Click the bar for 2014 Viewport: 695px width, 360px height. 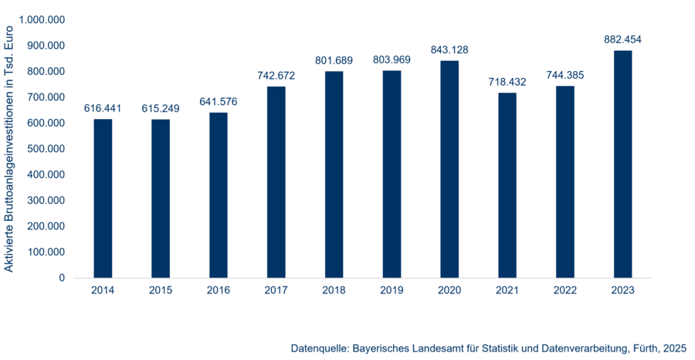point(103,199)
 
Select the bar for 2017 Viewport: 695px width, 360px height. point(276,182)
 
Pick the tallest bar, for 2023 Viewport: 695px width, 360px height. point(622,164)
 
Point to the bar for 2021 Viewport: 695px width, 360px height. point(507,185)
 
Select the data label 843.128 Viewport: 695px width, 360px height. point(449,50)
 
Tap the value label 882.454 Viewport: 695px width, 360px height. point(622,39)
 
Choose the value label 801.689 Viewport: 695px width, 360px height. point(334,60)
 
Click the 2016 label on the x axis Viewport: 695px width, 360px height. point(219,290)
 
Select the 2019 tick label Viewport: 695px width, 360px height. point(392,290)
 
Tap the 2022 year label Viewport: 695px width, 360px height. point(565,290)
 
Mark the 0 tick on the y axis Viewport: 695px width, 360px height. point(62,278)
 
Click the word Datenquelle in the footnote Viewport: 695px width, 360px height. point(319,348)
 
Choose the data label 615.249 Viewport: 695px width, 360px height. point(161,108)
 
